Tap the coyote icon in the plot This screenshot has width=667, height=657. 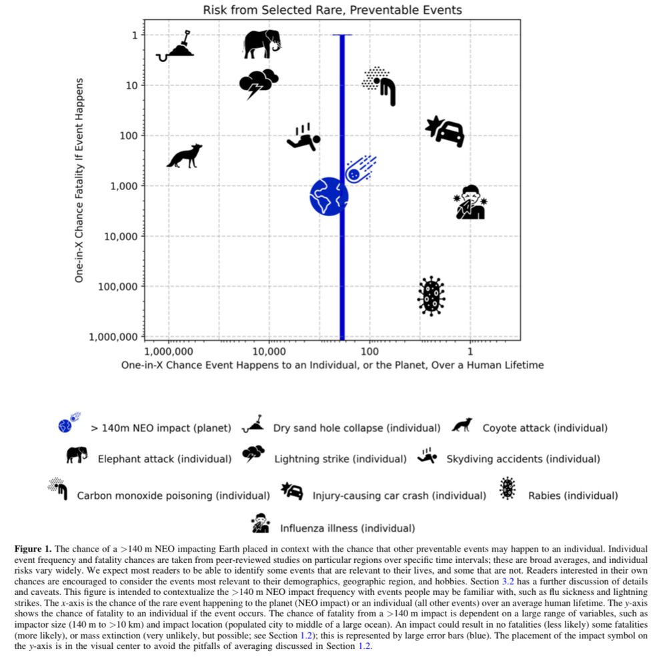pyautogui.click(x=184, y=156)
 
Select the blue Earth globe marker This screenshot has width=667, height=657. pyautogui.click(x=329, y=196)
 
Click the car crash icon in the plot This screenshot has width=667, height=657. pyautogui.click(x=446, y=131)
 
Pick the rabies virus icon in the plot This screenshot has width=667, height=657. pyautogui.click(x=431, y=296)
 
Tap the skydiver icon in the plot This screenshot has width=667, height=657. pyautogui.click(x=303, y=137)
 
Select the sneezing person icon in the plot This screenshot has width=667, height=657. pyautogui.click(x=470, y=202)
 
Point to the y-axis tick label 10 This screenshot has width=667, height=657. pyautogui.click(x=132, y=85)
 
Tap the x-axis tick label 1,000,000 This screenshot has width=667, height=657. pyautogui.click(x=169, y=351)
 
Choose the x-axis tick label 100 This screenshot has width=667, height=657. pyautogui.click(x=370, y=351)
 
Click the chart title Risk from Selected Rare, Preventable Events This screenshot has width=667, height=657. pyautogui.click(x=332, y=10)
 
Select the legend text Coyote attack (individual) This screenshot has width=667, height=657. pyautogui.click(x=545, y=428)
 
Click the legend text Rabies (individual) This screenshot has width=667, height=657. pyautogui.click(x=573, y=496)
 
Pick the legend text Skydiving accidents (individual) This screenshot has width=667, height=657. pyautogui.click(x=523, y=459)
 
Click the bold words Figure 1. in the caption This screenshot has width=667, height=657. pyautogui.click(x=33, y=548)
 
